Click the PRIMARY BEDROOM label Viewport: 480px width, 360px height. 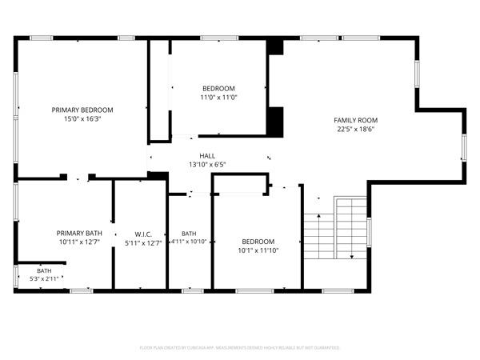point(82,110)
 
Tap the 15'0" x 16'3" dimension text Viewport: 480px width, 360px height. point(82,118)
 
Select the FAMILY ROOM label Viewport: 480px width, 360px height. point(355,120)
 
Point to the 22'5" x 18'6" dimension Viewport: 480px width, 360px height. point(355,129)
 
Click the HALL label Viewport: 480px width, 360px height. point(207,156)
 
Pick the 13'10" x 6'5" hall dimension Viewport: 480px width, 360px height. point(207,165)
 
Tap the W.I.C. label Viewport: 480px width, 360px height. point(143,234)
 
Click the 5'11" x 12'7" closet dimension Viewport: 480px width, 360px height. point(143,242)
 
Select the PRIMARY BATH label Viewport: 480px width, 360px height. point(79,233)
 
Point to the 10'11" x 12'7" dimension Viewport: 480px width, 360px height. point(79,242)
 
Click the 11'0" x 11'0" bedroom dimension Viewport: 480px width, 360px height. point(218,97)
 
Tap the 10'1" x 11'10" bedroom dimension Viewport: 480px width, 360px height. point(258,250)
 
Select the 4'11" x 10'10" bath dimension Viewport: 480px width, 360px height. point(189,242)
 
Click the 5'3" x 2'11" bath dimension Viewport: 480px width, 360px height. point(44,279)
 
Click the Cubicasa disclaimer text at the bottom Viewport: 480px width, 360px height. point(240,348)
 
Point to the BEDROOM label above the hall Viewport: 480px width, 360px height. point(218,88)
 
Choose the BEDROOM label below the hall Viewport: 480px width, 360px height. point(258,241)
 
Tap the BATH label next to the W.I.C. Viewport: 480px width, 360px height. point(189,233)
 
